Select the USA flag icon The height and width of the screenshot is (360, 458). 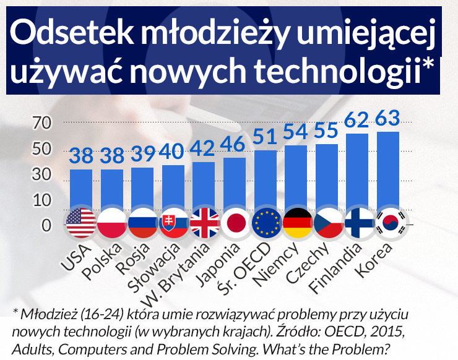point(80,223)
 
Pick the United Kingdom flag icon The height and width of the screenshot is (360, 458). point(205,223)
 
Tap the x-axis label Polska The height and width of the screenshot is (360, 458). point(102,258)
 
